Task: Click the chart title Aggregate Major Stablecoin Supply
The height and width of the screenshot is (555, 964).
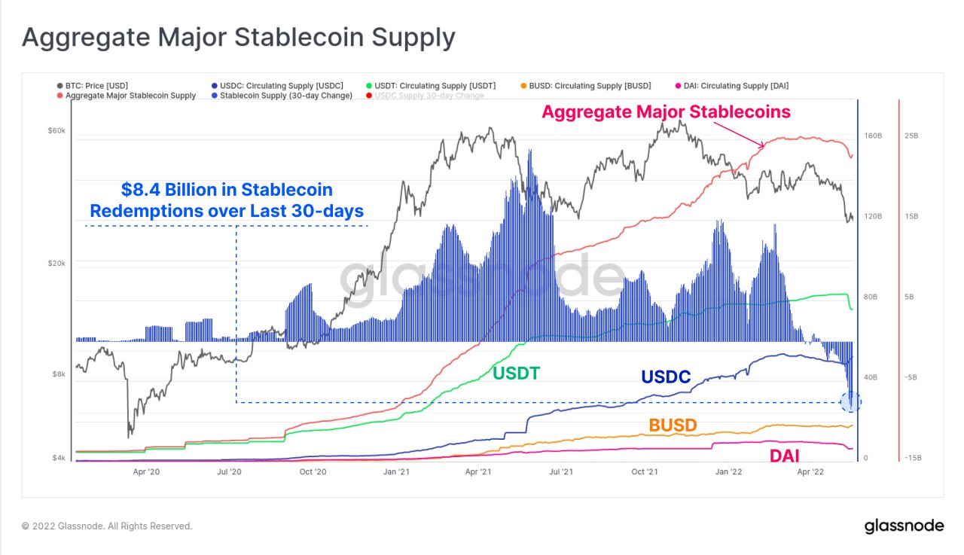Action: coord(238,37)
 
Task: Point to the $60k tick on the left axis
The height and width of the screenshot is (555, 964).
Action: coord(57,131)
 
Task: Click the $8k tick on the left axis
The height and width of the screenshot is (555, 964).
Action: coord(59,374)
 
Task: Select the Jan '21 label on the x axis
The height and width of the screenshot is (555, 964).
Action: coord(396,472)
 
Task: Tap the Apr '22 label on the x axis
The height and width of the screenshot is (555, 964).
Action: coord(810,472)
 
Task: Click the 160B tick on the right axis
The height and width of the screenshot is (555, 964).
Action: coord(873,136)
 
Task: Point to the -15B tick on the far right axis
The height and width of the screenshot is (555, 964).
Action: coord(913,458)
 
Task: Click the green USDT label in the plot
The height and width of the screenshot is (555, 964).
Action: coord(516,372)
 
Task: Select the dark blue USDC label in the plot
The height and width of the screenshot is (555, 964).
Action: coord(666,377)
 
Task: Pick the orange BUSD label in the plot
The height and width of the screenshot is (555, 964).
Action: coord(673,425)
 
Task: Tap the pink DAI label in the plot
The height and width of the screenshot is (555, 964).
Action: coord(784,455)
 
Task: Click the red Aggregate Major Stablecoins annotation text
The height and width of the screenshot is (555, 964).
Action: coord(667,112)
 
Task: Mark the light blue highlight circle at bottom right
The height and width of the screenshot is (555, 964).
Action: coord(851,402)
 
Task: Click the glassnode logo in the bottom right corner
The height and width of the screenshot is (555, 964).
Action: coord(904,526)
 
